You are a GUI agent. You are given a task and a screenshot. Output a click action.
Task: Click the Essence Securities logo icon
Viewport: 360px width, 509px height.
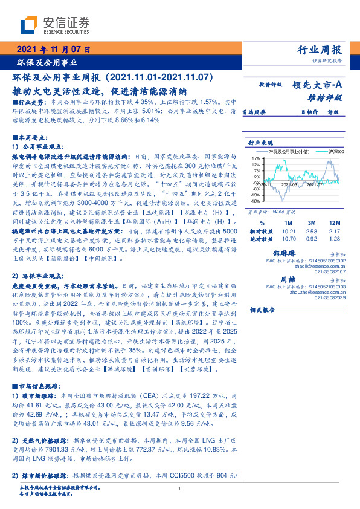(x=29, y=25)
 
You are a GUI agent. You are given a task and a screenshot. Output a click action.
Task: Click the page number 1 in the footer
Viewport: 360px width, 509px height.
(x=179, y=489)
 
